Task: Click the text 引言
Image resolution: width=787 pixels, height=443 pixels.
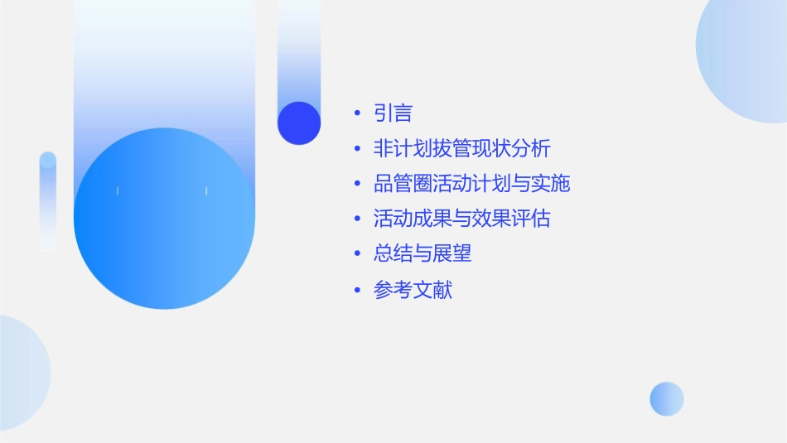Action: tap(393, 113)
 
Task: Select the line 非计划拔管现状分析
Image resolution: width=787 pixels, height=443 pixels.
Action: tap(461, 149)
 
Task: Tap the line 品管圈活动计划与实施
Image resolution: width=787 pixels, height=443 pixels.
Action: tap(471, 184)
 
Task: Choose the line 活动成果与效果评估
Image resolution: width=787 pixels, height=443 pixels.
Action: tap(461, 219)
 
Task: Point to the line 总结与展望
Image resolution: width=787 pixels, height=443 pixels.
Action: tap(422, 254)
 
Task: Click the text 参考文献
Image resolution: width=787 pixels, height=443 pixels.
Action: tap(413, 291)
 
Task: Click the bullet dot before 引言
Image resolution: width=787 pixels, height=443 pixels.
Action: tap(357, 113)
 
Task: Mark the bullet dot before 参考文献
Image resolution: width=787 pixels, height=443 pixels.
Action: tap(357, 291)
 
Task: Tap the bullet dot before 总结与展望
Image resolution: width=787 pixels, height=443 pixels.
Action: tap(357, 254)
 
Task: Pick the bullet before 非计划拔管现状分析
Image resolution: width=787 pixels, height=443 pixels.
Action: tap(357, 149)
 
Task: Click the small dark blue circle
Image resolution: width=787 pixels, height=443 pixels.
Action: tap(299, 123)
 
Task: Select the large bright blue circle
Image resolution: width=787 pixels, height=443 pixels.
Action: tap(164, 219)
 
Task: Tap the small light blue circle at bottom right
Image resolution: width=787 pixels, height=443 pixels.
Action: tap(667, 399)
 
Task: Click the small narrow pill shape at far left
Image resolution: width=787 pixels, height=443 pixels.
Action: tap(48, 201)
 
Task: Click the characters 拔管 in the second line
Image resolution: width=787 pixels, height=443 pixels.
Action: tap(442, 149)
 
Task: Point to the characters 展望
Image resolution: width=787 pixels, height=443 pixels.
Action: tap(451, 254)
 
